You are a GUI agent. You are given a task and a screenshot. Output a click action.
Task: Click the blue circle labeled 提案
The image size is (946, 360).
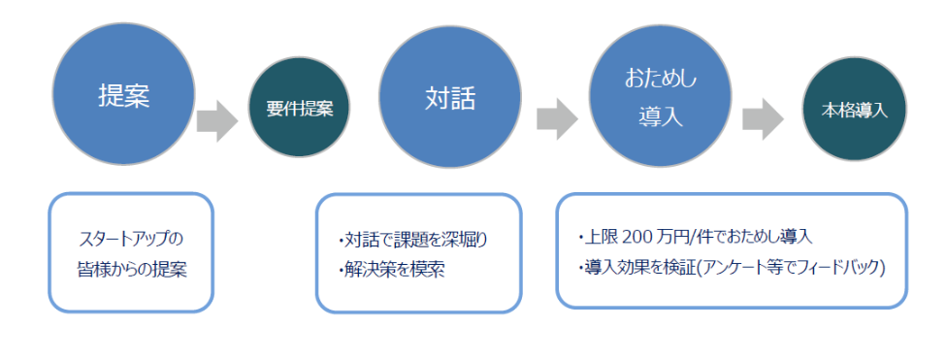[123, 94]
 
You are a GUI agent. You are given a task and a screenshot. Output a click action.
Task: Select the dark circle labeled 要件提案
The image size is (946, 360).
[300, 108]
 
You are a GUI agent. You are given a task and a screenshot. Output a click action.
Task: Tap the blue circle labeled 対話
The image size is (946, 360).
[450, 96]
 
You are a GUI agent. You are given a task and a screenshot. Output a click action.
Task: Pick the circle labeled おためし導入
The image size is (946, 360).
[660, 95]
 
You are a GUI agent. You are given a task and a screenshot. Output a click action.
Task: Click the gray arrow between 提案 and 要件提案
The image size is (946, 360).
[217, 120]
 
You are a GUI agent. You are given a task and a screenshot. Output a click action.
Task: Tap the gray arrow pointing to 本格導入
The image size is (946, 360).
[763, 118]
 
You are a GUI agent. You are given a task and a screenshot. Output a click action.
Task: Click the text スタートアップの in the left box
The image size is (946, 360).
[131, 240]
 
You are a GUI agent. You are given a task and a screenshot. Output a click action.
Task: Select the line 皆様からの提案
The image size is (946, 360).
[132, 270]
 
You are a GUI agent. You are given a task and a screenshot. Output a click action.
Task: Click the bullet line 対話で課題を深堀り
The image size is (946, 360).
[413, 241]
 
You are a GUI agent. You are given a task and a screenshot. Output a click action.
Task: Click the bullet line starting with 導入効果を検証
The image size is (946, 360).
[732, 268]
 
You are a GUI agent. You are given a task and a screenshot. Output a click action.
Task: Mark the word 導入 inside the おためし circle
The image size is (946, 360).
[660, 116]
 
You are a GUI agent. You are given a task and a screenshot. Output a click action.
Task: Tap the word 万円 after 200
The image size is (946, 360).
[668, 237]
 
